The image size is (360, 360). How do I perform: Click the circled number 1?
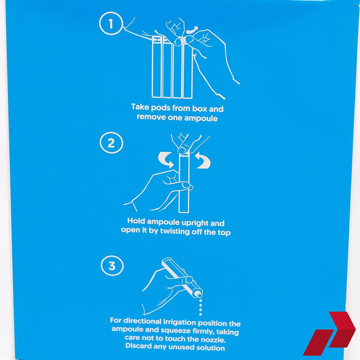coord(112,24)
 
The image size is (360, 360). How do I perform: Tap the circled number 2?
coord(111,143)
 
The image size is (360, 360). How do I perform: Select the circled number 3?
coord(112,266)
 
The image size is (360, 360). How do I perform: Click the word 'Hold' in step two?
coord(137,223)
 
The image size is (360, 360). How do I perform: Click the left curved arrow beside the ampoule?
coord(167,159)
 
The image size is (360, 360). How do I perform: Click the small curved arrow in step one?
coord(191,32)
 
